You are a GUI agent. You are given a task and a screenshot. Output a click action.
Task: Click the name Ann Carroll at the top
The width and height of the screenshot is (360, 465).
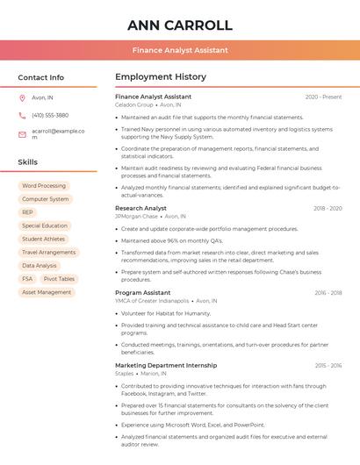click(180, 25)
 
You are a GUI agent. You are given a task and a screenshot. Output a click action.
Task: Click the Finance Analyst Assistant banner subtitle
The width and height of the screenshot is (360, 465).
click(180, 50)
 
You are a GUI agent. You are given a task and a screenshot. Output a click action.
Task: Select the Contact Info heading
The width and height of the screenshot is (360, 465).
click(41, 77)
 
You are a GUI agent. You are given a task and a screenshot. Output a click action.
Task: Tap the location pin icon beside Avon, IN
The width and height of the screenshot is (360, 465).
click(22, 98)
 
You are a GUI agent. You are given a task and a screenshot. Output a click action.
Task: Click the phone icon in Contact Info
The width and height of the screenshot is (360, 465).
click(22, 115)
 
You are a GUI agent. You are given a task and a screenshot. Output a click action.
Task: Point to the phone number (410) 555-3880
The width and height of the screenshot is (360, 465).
click(50, 115)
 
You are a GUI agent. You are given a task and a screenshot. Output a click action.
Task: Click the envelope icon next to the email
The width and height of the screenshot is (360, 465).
click(22, 134)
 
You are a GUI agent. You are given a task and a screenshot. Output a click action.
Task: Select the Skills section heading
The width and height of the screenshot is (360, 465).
click(28, 162)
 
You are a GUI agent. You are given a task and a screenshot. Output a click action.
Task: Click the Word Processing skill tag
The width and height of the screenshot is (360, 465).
click(44, 186)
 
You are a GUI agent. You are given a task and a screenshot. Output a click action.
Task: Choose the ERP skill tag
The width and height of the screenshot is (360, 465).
click(28, 212)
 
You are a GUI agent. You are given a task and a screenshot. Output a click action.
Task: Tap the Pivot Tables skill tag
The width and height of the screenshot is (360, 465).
click(60, 278)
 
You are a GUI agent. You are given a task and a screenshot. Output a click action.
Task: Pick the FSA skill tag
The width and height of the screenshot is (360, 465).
click(28, 278)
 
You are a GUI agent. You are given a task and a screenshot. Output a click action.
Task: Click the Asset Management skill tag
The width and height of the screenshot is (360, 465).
click(47, 292)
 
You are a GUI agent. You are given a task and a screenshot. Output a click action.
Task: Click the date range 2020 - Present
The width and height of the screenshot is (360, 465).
click(323, 97)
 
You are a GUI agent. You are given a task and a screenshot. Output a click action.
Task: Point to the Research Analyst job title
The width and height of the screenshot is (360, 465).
click(140, 208)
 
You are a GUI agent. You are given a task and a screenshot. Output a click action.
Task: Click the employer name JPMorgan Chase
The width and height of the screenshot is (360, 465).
click(136, 216)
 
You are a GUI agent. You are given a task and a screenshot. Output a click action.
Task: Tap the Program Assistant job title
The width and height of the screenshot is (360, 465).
click(143, 292)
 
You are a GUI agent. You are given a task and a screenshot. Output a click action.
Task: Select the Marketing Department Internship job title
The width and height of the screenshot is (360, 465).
click(166, 365)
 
